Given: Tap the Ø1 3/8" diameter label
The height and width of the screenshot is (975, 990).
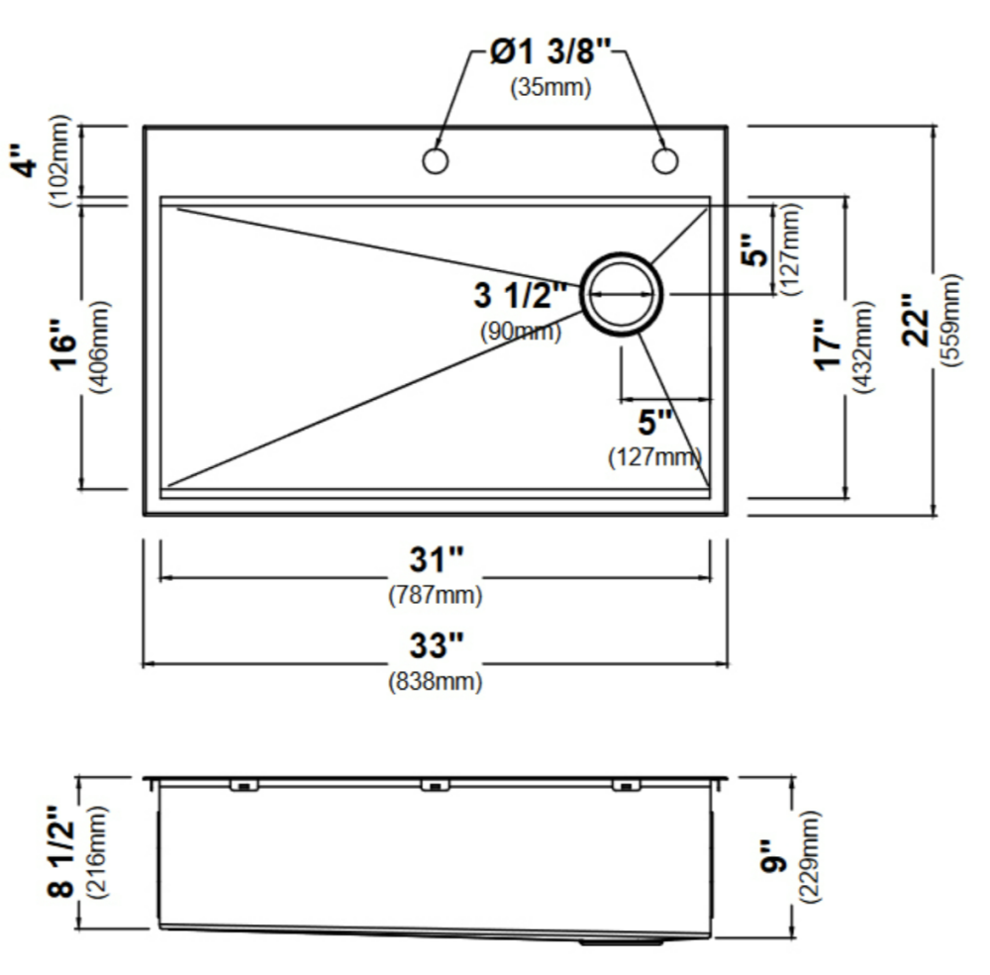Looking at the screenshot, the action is [550, 51].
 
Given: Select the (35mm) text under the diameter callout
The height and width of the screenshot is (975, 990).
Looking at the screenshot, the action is [550, 87].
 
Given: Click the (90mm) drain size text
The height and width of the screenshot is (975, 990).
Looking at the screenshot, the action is [521, 331].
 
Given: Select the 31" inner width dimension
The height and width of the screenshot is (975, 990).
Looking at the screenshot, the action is [437, 559].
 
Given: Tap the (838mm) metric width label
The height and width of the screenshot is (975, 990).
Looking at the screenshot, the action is [436, 681].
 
